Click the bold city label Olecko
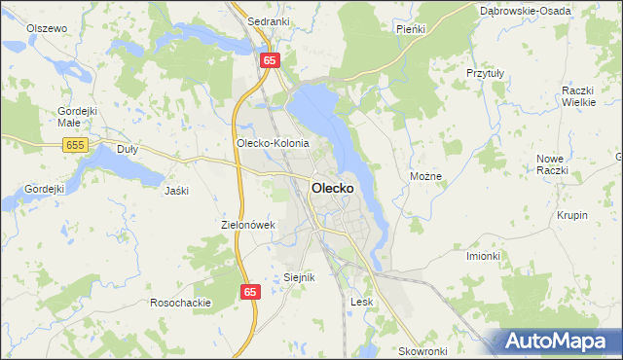point(339,187)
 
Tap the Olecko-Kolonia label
point(273,143)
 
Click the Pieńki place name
point(411,29)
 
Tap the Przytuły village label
point(484,72)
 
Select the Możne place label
point(426,177)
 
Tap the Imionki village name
point(483,256)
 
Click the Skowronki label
point(422,350)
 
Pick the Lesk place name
point(362,302)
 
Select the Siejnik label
point(300,277)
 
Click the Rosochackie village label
point(181,303)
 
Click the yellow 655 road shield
point(74,145)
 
